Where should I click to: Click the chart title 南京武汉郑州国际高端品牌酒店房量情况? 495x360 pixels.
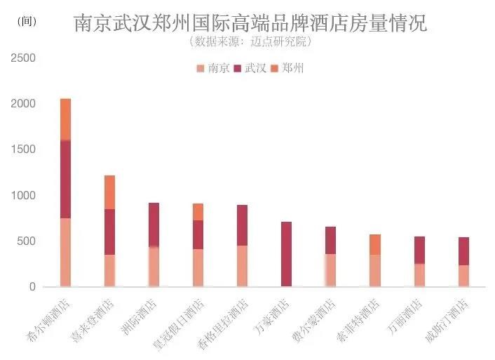[x=250, y=23]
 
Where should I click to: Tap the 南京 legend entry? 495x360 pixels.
[x=213, y=68]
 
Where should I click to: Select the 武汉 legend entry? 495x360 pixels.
[x=250, y=68]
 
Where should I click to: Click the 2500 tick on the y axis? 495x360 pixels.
[x=24, y=58]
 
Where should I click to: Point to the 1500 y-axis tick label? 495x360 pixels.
[x=24, y=149]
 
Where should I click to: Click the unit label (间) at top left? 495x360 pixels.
[x=25, y=22]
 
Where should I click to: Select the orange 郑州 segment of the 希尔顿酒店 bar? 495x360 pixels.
[x=65, y=119]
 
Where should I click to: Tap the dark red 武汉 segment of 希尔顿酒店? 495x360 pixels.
[x=65, y=179]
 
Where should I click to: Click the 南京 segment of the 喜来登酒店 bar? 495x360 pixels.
[x=109, y=270]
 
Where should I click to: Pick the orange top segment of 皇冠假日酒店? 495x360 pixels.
[x=198, y=212]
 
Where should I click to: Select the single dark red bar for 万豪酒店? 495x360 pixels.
[x=286, y=254]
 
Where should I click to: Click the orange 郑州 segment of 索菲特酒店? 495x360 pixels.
[x=374, y=245]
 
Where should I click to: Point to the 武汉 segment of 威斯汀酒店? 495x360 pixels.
[x=463, y=251]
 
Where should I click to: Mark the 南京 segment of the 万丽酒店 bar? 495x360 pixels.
[x=419, y=275]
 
